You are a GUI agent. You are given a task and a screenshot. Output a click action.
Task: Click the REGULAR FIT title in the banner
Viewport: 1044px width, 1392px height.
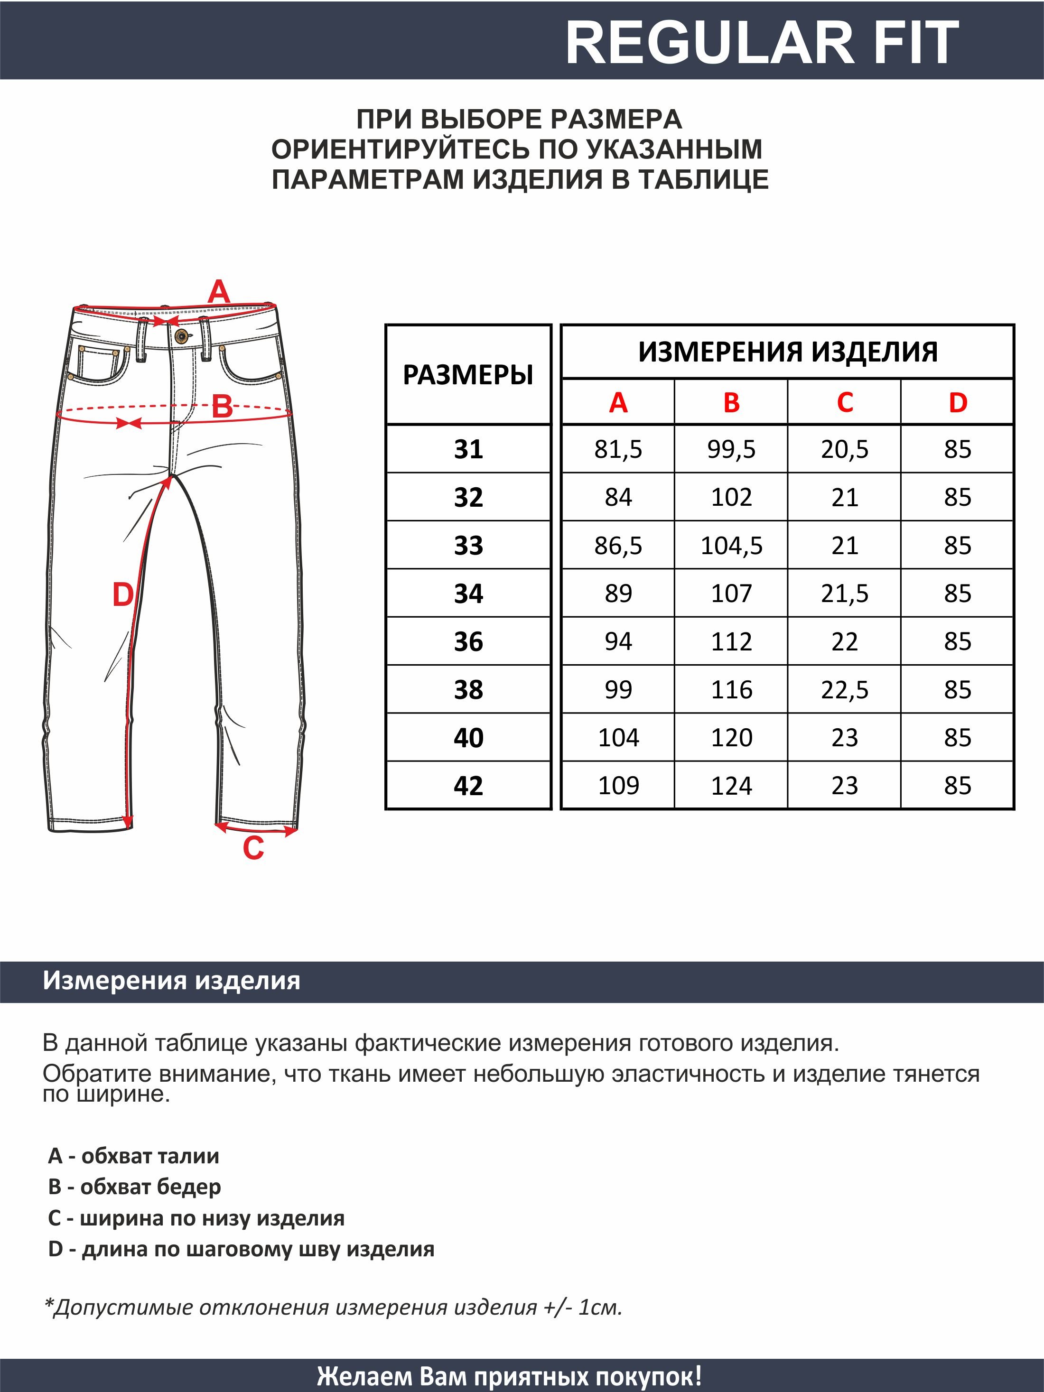(762, 43)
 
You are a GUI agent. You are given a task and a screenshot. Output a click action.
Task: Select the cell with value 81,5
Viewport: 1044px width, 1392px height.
(618, 449)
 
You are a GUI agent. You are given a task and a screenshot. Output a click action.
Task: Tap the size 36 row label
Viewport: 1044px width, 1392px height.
(468, 642)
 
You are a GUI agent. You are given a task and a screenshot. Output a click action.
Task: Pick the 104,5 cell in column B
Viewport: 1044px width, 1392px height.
(731, 546)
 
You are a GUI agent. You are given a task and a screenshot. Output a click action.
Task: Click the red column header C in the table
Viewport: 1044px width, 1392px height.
(845, 403)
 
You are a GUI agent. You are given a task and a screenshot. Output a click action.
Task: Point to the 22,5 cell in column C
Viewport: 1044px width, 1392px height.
(845, 690)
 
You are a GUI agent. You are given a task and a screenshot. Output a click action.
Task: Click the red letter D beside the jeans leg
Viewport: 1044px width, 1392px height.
(123, 594)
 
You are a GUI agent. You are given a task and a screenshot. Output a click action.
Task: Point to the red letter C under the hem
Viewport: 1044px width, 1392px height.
(253, 849)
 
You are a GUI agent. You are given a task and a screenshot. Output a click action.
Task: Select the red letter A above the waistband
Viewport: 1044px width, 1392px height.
(219, 292)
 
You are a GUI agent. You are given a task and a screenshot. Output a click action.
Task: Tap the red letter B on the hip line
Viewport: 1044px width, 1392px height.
(222, 407)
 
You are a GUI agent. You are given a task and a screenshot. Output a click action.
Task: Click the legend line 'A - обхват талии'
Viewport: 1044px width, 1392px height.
(133, 1155)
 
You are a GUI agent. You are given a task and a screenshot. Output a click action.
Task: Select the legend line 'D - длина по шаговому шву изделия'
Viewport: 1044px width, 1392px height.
(241, 1249)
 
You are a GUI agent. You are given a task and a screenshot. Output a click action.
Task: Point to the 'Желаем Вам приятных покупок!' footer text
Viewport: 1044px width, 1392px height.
(509, 1376)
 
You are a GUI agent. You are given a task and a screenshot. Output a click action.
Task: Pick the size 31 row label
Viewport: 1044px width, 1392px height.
(468, 449)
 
